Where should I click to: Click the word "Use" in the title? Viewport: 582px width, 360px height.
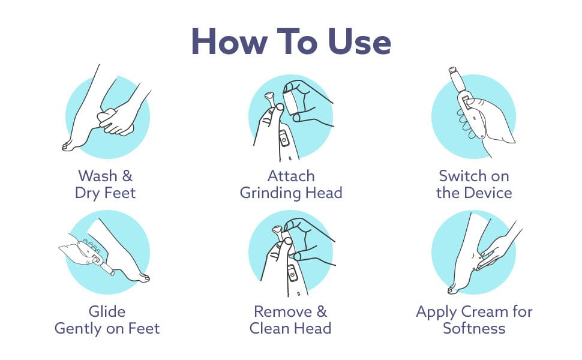point(359,41)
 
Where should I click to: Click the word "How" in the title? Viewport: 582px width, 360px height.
point(229,41)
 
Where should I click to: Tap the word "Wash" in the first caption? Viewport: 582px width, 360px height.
point(98,176)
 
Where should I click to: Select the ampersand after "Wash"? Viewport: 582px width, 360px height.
point(127,176)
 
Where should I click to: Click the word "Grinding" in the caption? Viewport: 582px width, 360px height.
point(270,193)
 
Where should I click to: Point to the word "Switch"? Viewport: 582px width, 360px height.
point(462,176)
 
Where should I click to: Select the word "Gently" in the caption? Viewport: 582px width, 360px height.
point(78,329)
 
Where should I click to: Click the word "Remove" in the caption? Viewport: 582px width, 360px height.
point(283,311)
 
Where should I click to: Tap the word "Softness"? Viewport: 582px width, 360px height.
point(474,328)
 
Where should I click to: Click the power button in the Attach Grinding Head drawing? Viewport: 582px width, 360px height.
point(284,140)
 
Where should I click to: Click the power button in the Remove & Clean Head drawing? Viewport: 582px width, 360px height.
point(293,275)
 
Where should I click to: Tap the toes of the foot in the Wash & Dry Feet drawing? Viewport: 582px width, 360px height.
point(68,146)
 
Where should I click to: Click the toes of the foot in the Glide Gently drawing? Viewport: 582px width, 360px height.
point(142,277)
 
